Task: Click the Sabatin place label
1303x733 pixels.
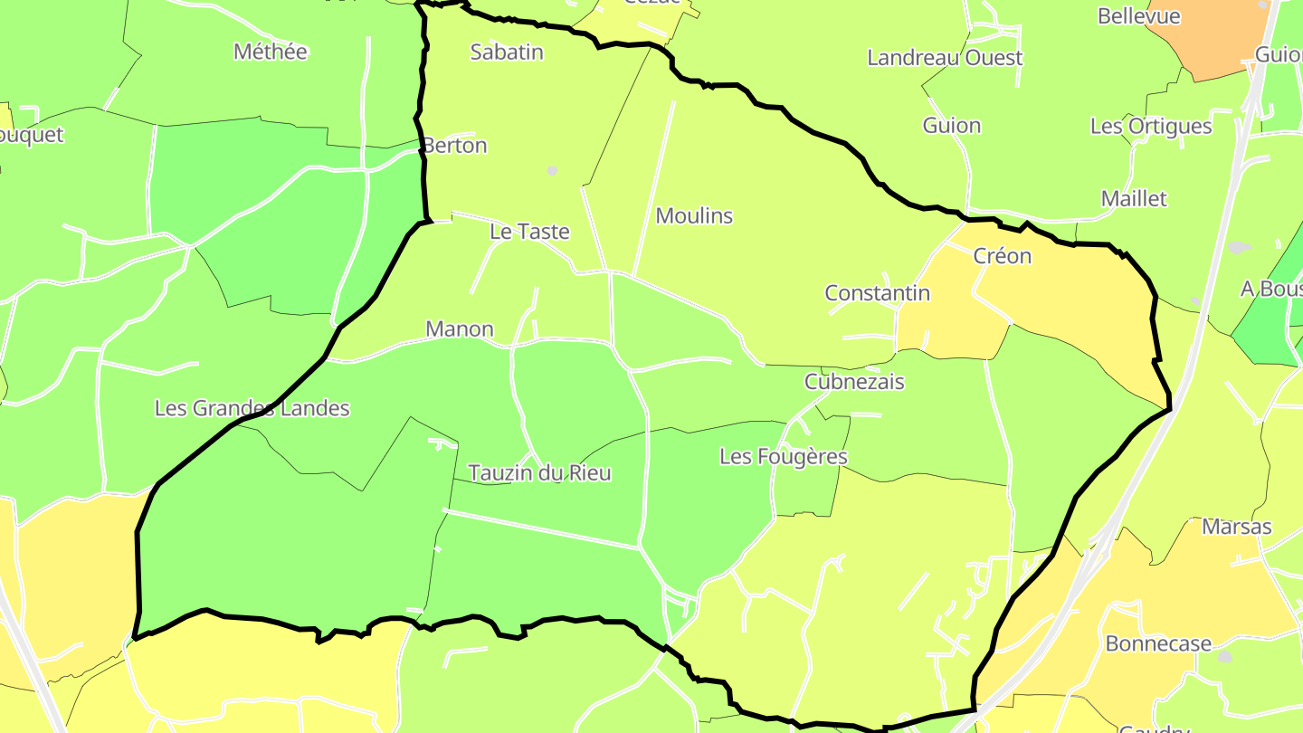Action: (x=507, y=52)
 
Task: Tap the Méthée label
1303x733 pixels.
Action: (x=271, y=52)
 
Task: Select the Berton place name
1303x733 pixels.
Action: (x=455, y=146)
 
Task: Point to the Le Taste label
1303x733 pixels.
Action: (x=529, y=232)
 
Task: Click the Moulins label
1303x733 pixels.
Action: (x=694, y=216)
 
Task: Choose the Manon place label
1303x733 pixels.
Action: (x=460, y=329)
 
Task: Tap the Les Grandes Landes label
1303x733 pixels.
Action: (x=252, y=408)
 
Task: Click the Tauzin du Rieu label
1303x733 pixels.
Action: (x=540, y=473)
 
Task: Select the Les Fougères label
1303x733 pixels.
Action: (x=784, y=457)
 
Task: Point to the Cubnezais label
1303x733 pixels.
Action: (x=854, y=382)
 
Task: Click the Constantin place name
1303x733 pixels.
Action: (x=878, y=293)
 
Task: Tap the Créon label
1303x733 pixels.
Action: (x=1003, y=256)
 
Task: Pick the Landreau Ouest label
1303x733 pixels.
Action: (x=945, y=58)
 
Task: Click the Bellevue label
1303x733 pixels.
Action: (x=1139, y=16)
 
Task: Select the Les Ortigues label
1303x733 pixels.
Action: (x=1151, y=127)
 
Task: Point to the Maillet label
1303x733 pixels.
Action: (x=1134, y=199)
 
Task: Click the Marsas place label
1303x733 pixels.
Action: (x=1237, y=527)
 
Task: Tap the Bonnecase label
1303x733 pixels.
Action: (x=1158, y=643)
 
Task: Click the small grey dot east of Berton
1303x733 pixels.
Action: (x=552, y=170)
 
